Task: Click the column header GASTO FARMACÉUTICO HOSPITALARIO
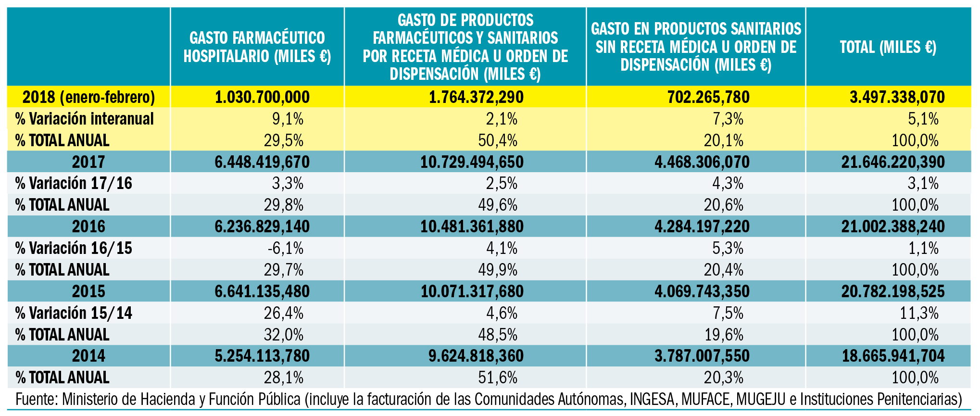pos(257,47)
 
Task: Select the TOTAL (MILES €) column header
pos(888,47)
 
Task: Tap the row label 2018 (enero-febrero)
pos(89,97)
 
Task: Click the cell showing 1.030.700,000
pos(262,97)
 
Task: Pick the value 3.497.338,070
pos(897,97)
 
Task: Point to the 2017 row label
pos(88,162)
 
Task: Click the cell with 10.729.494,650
pos(472,162)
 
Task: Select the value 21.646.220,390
pos(893,162)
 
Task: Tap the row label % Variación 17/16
pos(74,184)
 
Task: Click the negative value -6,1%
pos(286,249)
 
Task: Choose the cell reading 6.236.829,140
pos(262,227)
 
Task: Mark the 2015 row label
pos(88,291)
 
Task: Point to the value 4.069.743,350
pos(702,291)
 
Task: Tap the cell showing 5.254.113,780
pos(262,356)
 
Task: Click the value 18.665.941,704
pos(893,356)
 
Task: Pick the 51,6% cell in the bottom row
pos(498,378)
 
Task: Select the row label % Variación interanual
pos(84,119)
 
